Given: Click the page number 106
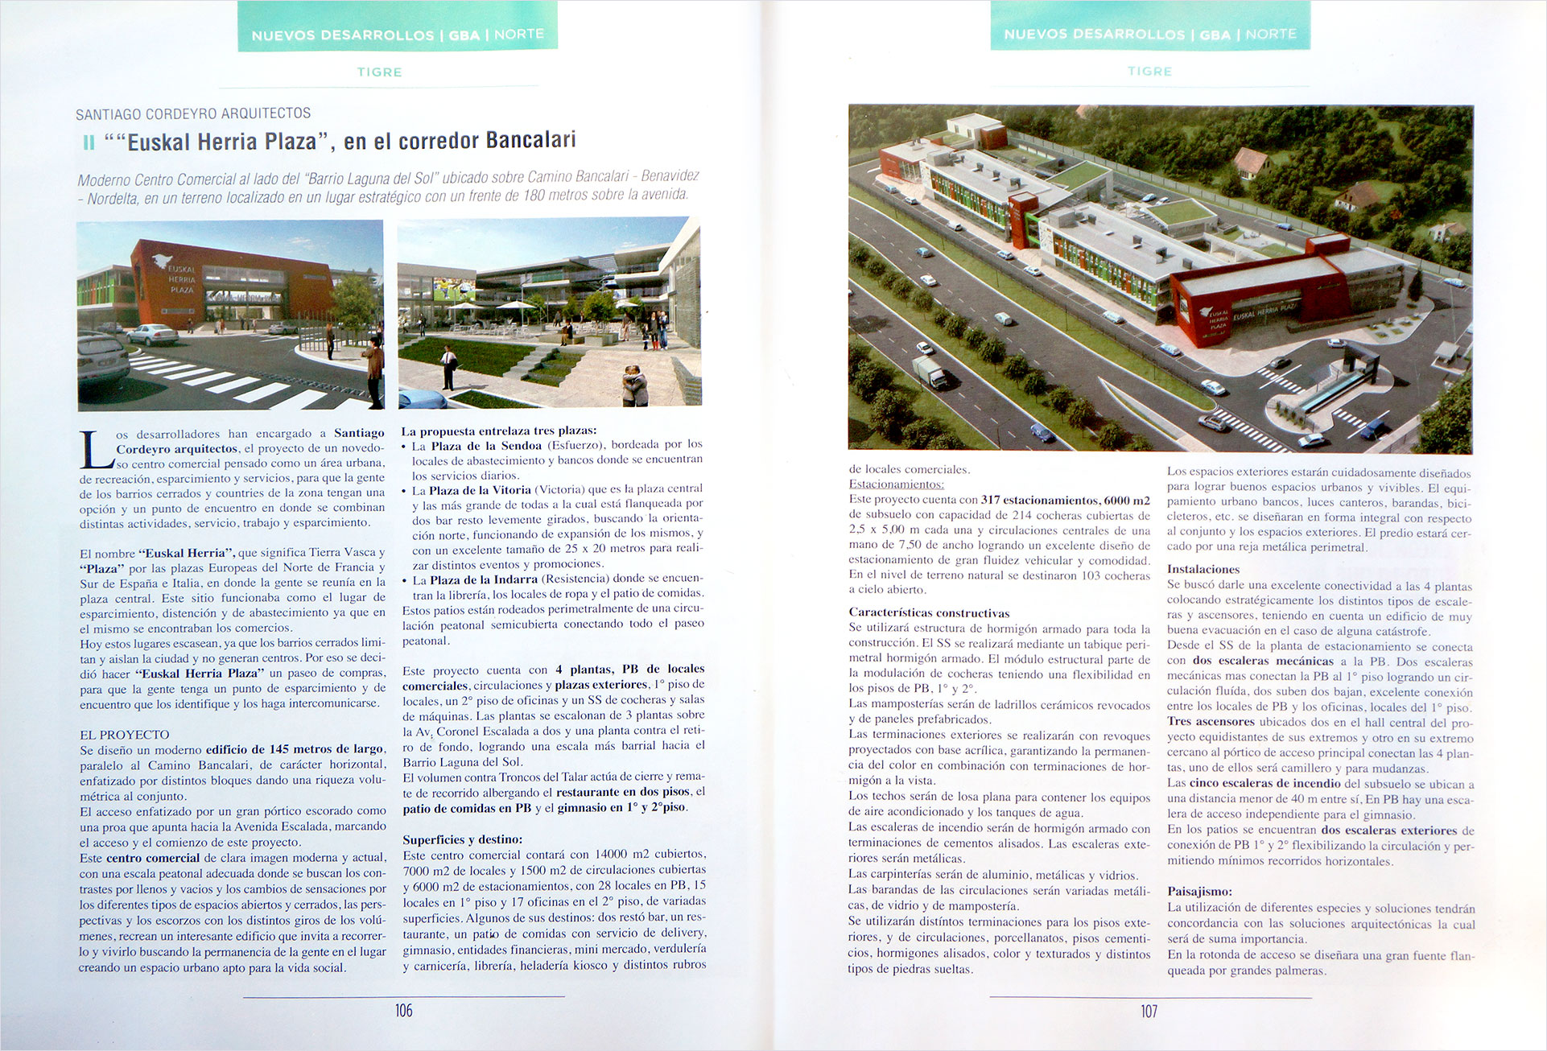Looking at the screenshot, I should click(x=403, y=1011).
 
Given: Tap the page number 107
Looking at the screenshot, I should click(x=1149, y=1012).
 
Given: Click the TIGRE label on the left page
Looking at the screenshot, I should click(x=379, y=72).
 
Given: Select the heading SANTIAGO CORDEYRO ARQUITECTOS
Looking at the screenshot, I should click(x=193, y=113).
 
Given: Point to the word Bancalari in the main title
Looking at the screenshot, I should click(x=531, y=140).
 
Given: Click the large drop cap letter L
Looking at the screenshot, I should click(x=95, y=450).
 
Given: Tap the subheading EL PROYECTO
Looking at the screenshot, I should click(x=125, y=735).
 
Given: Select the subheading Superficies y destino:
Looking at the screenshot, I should click(x=462, y=839).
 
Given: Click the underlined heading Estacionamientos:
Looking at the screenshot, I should click(x=897, y=484).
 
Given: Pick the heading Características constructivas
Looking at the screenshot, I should click(x=929, y=612).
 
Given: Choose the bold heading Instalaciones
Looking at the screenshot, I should click(x=1203, y=569).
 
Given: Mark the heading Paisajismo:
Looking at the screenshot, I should click(x=1199, y=892).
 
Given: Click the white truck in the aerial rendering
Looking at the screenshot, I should click(x=930, y=372).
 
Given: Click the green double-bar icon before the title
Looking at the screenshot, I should click(x=89, y=143).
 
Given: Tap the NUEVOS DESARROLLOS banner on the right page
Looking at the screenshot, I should click(x=1149, y=35).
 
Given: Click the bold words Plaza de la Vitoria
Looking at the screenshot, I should click(x=480, y=489).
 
